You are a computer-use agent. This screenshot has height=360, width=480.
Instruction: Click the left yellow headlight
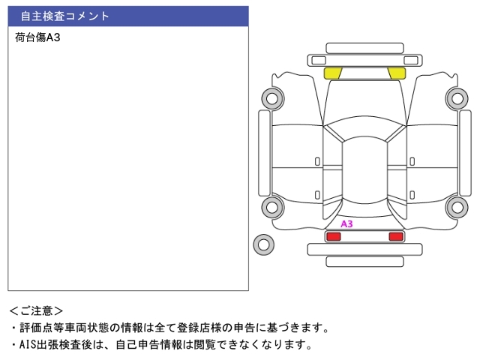pos(332,73)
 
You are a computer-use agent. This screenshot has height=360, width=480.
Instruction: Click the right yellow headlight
pos(397,73)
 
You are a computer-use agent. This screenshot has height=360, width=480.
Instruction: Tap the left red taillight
pos(333,237)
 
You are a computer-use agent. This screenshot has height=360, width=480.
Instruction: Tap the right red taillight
pos(395,237)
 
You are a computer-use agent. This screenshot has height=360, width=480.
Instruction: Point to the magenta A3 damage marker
pos(346,223)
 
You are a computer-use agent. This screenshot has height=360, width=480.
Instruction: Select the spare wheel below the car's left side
pos(263,244)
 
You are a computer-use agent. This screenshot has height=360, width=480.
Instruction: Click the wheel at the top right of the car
pos(455,97)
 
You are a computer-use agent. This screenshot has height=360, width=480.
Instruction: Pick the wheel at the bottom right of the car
pos(455,207)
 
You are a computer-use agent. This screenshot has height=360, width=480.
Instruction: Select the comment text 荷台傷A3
pos(37,37)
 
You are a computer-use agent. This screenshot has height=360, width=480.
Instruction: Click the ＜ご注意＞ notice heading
pos(36,310)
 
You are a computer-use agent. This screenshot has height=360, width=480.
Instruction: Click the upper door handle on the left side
pos(317,161)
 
